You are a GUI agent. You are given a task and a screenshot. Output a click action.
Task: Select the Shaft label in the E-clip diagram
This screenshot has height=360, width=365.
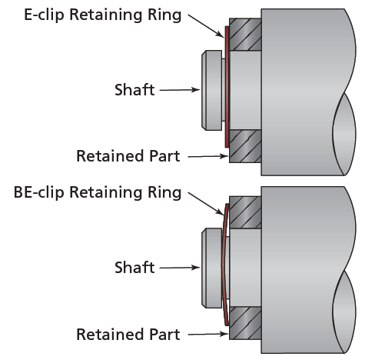tap(134, 90)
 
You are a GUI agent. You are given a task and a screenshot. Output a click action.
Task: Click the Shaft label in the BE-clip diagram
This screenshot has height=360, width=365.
tap(134, 268)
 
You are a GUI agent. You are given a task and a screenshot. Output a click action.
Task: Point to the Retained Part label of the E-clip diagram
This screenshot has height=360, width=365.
tap(128, 157)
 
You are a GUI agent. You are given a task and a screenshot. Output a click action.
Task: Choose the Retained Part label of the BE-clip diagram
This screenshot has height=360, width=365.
tap(128, 335)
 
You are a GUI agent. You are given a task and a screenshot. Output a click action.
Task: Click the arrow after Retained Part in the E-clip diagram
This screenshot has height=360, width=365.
tap(207, 157)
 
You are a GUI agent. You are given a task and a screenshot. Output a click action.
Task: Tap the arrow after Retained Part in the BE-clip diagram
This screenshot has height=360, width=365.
tap(207, 335)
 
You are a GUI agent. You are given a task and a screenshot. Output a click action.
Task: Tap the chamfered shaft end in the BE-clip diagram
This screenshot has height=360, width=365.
tap(210, 268)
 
